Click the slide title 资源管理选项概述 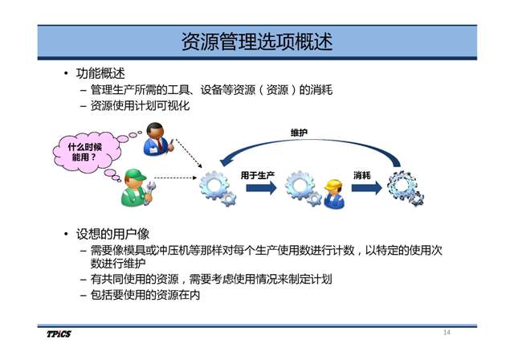click(257, 42)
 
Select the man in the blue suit click(157, 139)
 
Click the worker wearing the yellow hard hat click(334, 194)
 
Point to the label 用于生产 click(257, 175)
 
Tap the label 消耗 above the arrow click(362, 175)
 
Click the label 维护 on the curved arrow click(299, 133)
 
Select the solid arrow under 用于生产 click(262, 188)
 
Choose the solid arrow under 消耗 click(367, 188)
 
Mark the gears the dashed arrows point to click(218, 189)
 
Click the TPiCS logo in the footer click(59, 333)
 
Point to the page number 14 click(447, 333)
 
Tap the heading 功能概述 click(100, 73)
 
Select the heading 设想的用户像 click(112, 234)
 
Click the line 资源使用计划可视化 click(140, 106)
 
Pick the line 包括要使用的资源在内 click(145, 295)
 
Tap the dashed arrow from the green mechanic click(175, 178)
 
